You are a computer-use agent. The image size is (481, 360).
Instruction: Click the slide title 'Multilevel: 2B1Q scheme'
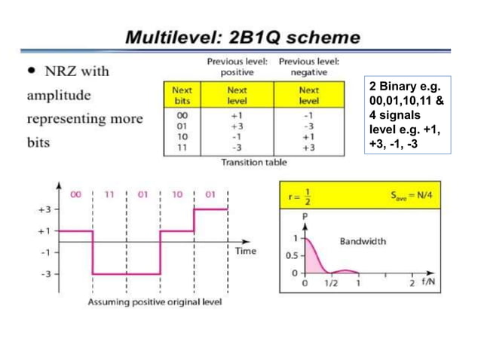coord(241,37)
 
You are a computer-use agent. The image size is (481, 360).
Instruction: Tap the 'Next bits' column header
coord(182,95)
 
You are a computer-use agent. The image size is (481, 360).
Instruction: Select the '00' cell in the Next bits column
coord(182,115)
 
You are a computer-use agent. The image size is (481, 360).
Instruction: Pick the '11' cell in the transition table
coord(182,148)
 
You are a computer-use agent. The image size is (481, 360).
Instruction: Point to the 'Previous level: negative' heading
coord(309,66)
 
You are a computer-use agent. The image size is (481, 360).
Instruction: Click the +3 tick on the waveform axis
coord(44,209)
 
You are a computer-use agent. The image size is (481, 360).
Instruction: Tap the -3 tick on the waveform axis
coord(44,274)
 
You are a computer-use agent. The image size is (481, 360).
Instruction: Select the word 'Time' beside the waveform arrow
coord(246,251)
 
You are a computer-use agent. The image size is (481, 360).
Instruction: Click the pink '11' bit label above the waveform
coord(109,194)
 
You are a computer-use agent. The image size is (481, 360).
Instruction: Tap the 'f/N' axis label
coord(428,284)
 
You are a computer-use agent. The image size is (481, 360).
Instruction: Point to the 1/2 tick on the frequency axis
coord(331,284)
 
